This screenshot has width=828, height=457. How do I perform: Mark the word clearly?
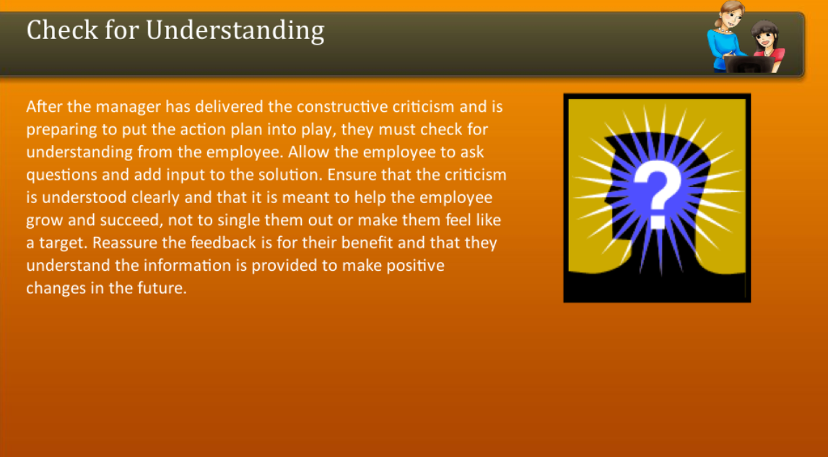coord(162,198)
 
